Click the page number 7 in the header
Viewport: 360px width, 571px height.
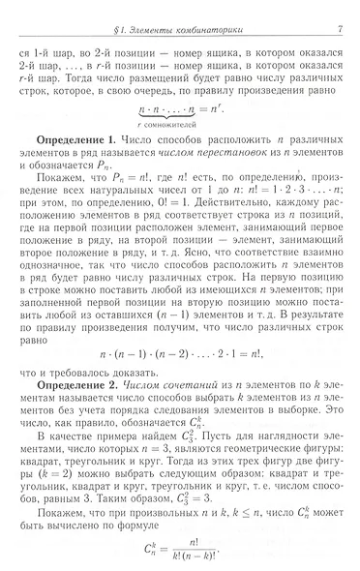tap(343, 11)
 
